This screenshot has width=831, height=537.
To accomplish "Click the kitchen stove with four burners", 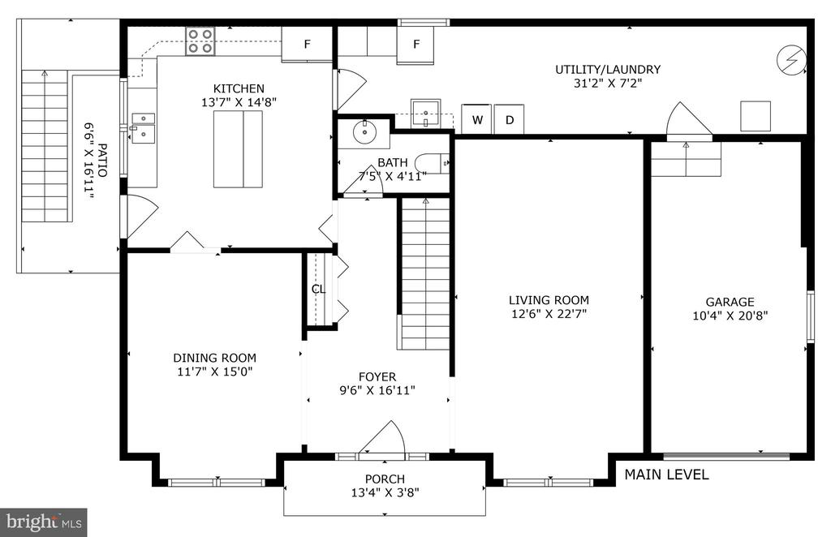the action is coord(200,41).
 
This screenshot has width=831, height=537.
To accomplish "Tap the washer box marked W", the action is coord(477,119).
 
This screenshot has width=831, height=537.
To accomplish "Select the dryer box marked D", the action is coord(510,119).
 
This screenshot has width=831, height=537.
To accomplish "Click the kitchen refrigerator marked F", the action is coord(306,44).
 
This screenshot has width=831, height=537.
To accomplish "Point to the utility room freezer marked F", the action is coord(416,44).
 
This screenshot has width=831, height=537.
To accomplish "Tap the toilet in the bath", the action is coord(431,163).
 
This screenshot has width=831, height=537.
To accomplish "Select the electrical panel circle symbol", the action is coord(792,58).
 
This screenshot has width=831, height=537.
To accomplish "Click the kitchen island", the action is coord(238,148).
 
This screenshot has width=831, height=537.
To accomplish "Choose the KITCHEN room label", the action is coord(239,88).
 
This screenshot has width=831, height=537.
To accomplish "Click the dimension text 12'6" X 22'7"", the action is coord(549,313).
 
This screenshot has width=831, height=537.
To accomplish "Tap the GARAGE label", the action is coord(730,302).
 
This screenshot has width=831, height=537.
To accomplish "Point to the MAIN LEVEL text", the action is coord(666,475).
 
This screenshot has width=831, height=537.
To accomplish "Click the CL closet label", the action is coord(318,289).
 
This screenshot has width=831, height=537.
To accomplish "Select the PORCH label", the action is coord(385,479).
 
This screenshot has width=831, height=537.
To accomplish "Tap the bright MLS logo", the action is coord(44,522).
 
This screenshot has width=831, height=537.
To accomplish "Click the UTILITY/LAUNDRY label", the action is coord(608,70).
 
